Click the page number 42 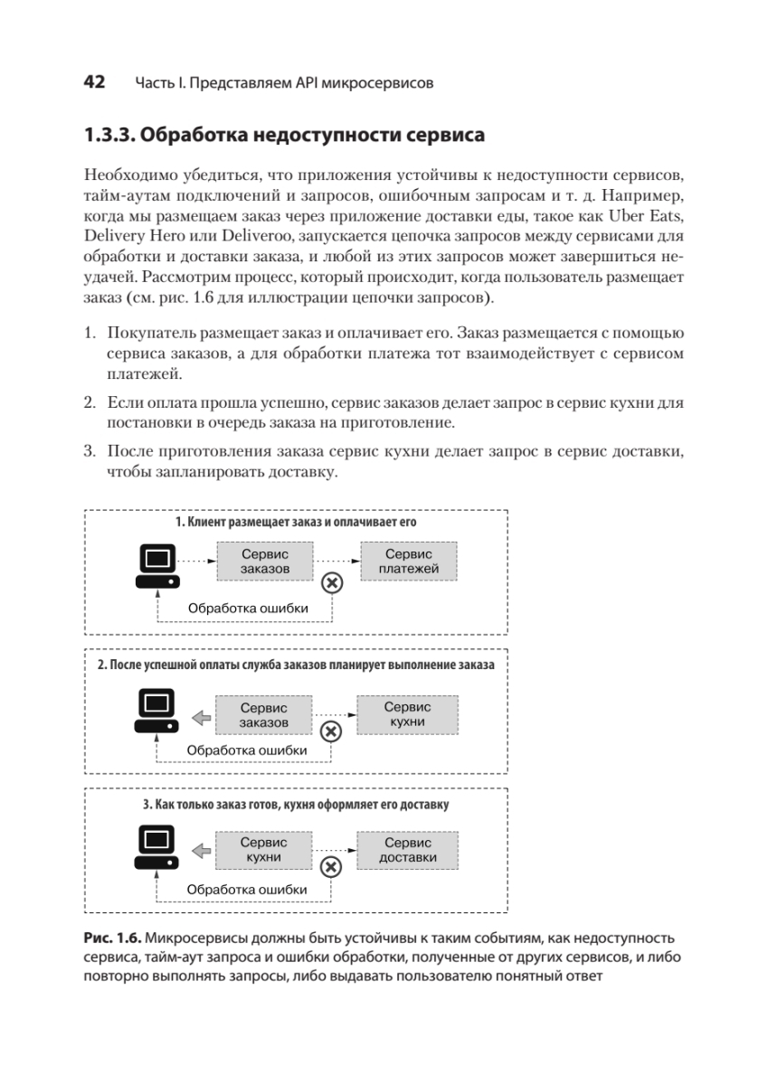pos(94,82)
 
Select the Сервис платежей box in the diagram pos(409,561)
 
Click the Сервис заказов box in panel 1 pos(265,561)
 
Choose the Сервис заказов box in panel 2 pos(264,714)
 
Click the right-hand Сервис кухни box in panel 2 pos(407,714)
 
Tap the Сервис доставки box pos(408,850)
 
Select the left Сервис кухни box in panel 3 pos(264,850)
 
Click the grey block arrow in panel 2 pos(201,717)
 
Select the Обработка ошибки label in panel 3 pos(247,890)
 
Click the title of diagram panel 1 pos(296,523)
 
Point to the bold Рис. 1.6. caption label pos(109,938)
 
